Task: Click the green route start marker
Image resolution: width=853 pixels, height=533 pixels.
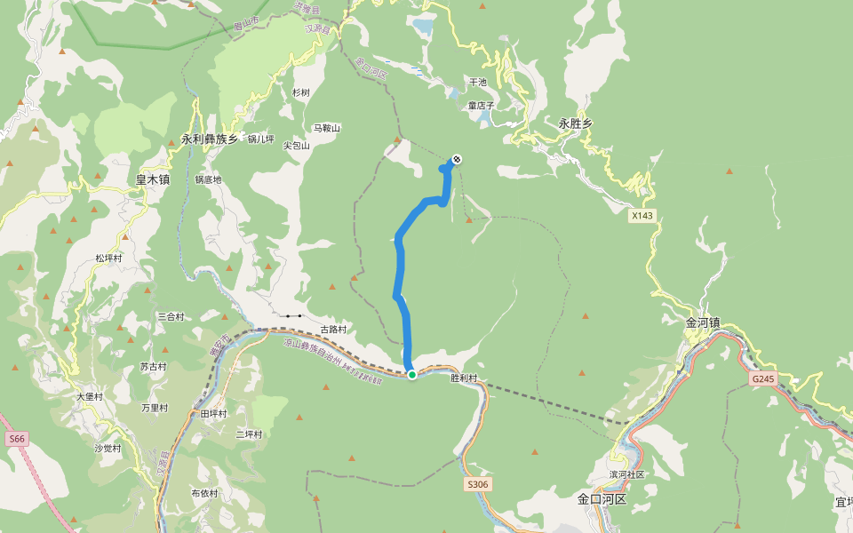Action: (x=412, y=375)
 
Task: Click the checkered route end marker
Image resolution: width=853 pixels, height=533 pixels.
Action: (x=457, y=159)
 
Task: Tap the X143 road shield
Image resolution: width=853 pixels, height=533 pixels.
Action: (x=642, y=216)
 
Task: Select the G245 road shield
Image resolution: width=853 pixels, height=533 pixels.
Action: (x=762, y=379)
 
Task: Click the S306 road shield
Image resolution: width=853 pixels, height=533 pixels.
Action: (x=477, y=484)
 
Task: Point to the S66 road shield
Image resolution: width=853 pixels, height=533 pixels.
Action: (x=16, y=439)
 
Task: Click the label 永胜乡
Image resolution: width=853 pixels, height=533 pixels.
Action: (x=576, y=124)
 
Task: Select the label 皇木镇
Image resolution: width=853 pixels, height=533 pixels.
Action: (x=152, y=179)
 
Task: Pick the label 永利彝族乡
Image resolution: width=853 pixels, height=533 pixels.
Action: (x=210, y=139)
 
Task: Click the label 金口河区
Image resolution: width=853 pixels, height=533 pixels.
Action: (x=602, y=499)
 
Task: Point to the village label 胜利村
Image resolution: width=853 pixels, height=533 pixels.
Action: (x=464, y=378)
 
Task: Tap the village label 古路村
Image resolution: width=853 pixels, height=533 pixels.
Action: (x=333, y=330)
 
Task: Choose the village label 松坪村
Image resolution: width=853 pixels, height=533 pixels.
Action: (x=108, y=259)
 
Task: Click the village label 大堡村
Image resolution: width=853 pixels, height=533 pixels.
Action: (x=90, y=397)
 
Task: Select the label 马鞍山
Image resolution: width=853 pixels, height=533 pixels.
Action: (x=326, y=129)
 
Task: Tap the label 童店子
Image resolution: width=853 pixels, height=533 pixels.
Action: (x=482, y=106)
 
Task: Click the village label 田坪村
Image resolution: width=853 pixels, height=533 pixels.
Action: (x=213, y=414)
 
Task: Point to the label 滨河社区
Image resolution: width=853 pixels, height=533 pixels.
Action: (x=626, y=474)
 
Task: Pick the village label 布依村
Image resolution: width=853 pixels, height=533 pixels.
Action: (x=204, y=493)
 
